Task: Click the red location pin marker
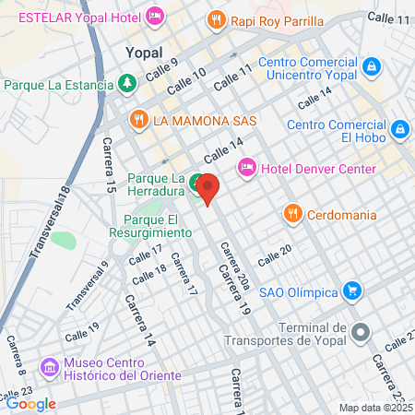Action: pyautogui.click(x=207, y=188)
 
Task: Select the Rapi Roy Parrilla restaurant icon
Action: pyautogui.click(x=217, y=18)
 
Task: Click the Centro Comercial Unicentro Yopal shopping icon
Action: pyautogui.click(x=371, y=66)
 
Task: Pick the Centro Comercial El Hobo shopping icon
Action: pyautogui.click(x=400, y=129)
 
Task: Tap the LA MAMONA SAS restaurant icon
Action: pyautogui.click(x=138, y=119)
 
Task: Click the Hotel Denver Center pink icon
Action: pyautogui.click(x=246, y=168)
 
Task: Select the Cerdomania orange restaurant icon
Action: pyautogui.click(x=292, y=214)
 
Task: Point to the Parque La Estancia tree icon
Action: pyautogui.click(x=127, y=83)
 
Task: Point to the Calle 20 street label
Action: pyautogui.click(x=274, y=255)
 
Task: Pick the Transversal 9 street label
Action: pyautogui.click(x=88, y=286)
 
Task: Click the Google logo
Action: pyautogui.click(x=30, y=403)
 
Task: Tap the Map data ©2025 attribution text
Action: pyautogui.click(x=374, y=408)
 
